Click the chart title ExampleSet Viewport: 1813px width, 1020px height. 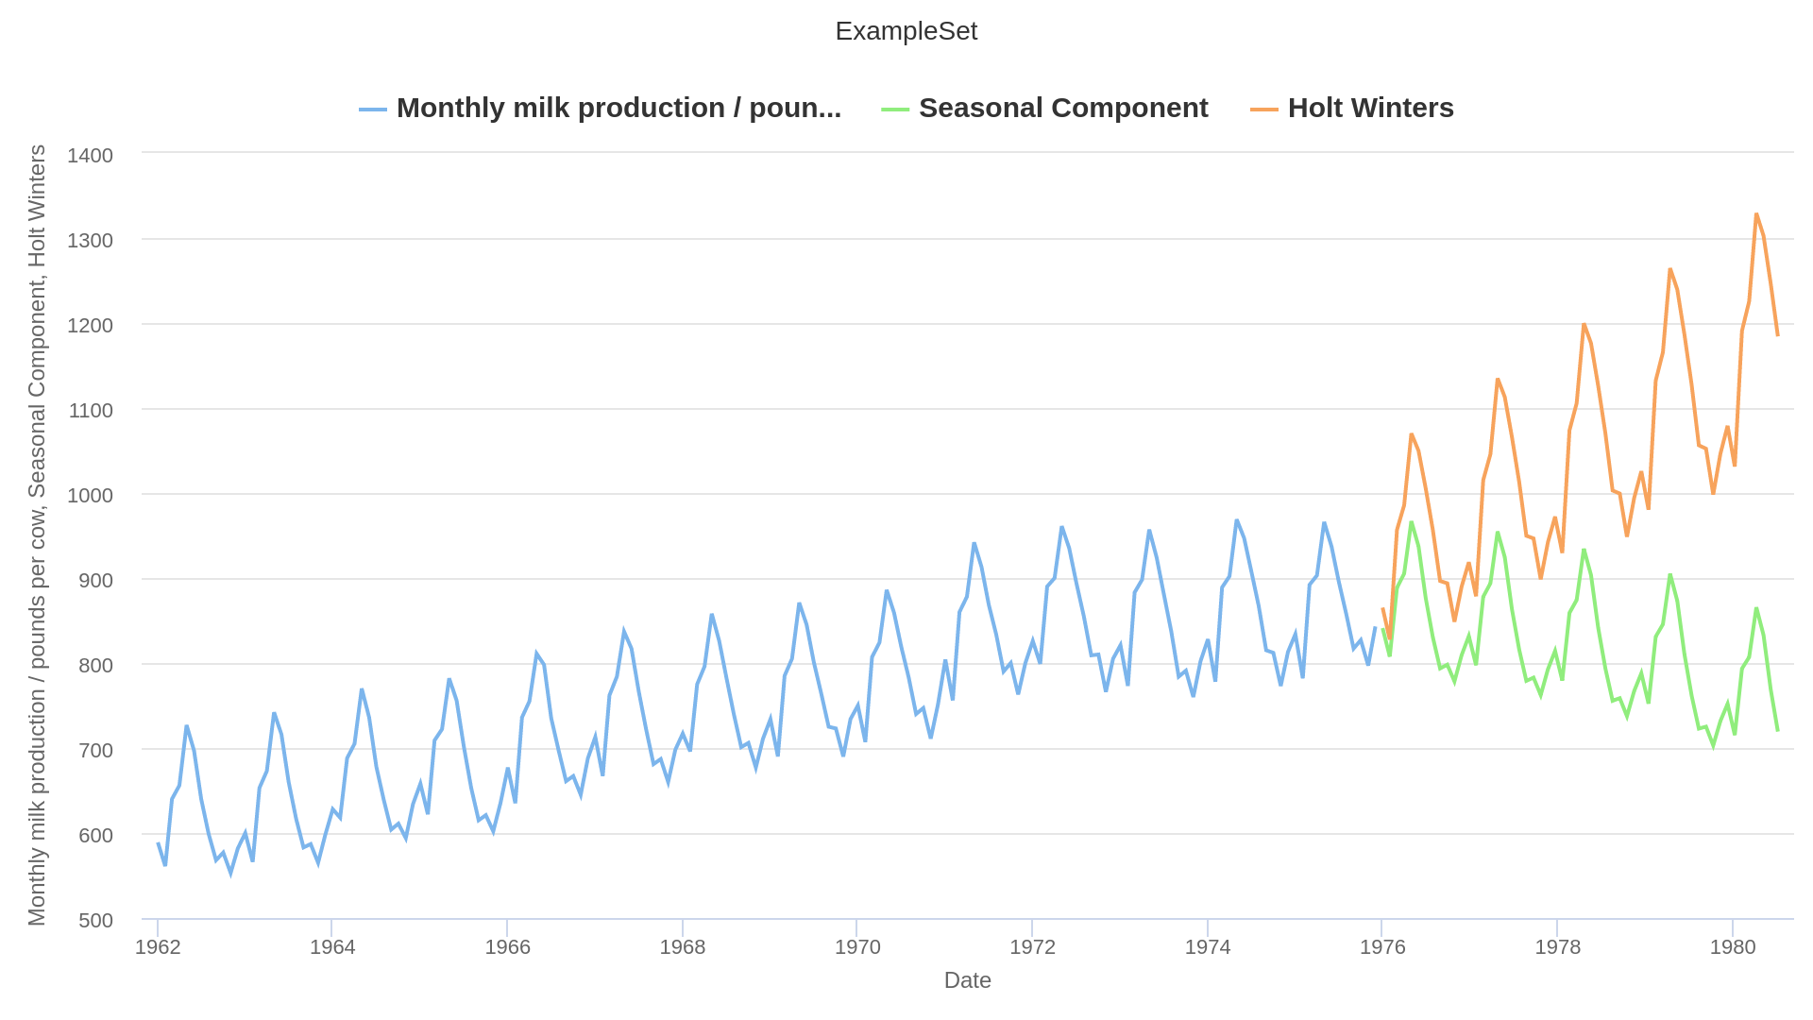pyautogui.click(x=906, y=31)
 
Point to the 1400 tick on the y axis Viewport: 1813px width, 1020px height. pyautogui.click(x=90, y=155)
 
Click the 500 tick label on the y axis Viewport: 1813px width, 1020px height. pyautogui.click(x=90, y=920)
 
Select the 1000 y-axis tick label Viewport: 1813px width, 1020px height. pyautogui.click(x=90, y=495)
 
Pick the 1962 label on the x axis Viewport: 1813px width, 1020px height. pyautogui.click(x=158, y=947)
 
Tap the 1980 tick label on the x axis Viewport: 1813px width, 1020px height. pyautogui.click(x=1733, y=947)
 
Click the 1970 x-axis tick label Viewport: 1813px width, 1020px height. pyautogui.click(x=857, y=947)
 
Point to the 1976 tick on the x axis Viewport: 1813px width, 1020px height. pyautogui.click(x=1382, y=947)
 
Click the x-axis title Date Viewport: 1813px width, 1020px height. pyautogui.click(x=967, y=980)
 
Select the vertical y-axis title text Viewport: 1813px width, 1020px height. pyautogui.click(x=37, y=535)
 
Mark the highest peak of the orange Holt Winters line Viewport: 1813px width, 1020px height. pyautogui.click(x=1756, y=214)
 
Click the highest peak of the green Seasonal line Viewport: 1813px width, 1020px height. pyautogui.click(x=1412, y=522)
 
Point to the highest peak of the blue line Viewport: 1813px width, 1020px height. pyautogui.click(x=1236, y=520)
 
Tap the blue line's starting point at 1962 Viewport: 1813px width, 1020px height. pyautogui.click(x=158, y=843)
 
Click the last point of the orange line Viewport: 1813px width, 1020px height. pyautogui.click(x=1777, y=335)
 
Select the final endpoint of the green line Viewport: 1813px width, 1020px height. pyautogui.click(x=1777, y=730)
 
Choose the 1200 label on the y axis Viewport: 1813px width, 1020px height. pyautogui.click(x=90, y=325)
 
